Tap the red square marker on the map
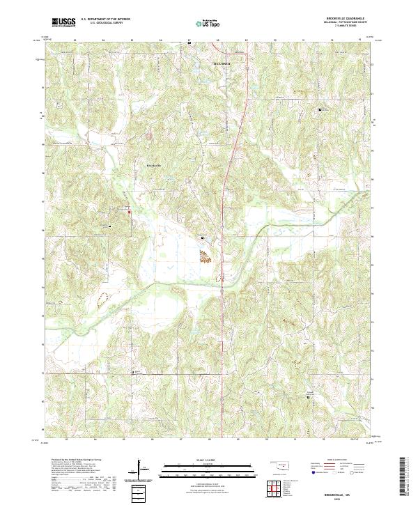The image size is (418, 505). click(130, 212)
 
